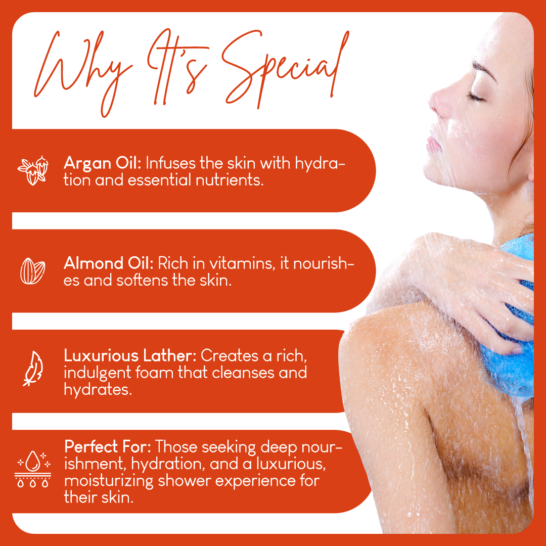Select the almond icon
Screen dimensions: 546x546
tap(32, 270)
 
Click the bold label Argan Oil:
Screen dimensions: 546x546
tap(104, 163)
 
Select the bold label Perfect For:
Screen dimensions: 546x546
tap(108, 447)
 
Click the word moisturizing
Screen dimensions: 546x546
tap(109, 481)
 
